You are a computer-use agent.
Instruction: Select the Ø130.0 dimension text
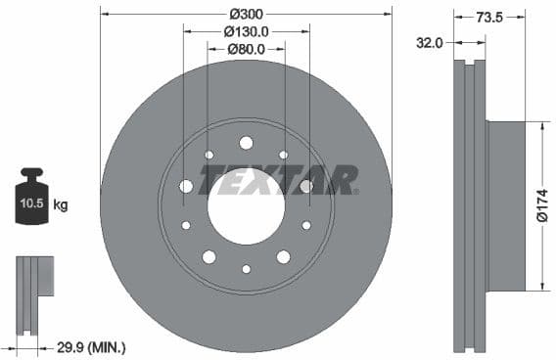pos(246,31)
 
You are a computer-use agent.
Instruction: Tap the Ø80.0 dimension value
pos(246,49)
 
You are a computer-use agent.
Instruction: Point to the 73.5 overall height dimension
pos(489,17)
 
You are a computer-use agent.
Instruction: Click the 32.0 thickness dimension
pos(430,42)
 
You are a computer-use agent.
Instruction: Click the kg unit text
pos(61,205)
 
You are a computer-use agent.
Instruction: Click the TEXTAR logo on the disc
pos(279,180)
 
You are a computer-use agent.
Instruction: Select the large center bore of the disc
pos(246,206)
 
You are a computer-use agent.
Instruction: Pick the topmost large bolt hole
pos(246,143)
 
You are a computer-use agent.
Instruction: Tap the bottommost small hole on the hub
pos(246,269)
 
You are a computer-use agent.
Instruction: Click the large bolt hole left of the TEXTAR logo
pos(186,186)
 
